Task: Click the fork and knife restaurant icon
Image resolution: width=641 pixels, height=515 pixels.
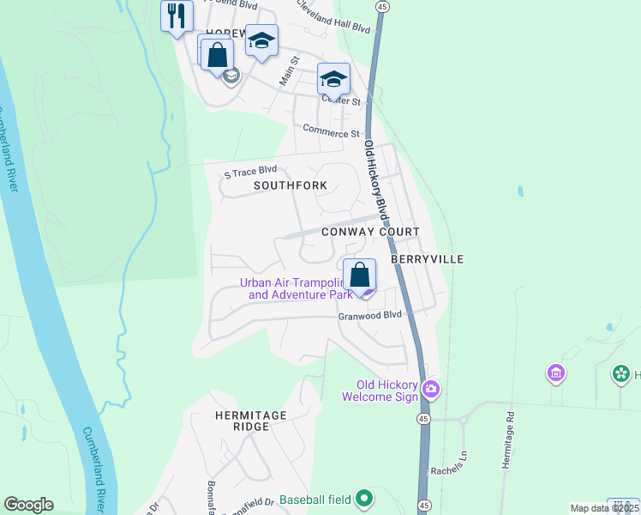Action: [177, 15]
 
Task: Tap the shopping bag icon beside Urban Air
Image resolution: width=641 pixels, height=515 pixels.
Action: [361, 276]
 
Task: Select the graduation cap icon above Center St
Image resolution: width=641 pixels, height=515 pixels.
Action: [333, 80]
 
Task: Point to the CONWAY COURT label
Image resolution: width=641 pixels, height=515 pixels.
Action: [370, 233]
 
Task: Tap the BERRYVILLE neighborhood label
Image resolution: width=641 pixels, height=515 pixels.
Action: [427, 258]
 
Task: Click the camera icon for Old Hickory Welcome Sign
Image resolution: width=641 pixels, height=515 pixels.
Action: [431, 390]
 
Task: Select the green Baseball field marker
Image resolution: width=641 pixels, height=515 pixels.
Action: [364, 498]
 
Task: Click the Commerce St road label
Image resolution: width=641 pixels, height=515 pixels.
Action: [332, 134]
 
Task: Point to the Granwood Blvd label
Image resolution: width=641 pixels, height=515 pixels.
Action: [368, 315]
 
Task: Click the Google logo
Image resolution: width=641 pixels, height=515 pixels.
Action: [28, 505]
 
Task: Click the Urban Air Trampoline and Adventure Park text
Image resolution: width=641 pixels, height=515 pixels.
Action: [299, 288]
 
